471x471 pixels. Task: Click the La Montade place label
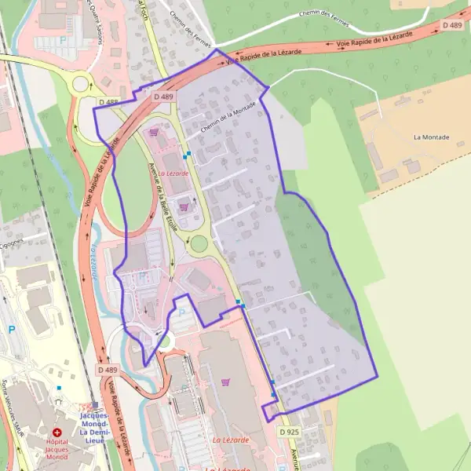coord(431,137)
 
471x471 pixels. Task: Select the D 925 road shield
coord(289,432)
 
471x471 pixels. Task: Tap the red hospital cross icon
coord(57,433)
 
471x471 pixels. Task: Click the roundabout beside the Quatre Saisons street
coord(80,83)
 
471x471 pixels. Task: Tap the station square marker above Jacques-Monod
coord(96,405)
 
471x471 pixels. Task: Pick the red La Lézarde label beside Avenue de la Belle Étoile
coord(173,172)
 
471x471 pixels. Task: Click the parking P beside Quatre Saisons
coord(62,38)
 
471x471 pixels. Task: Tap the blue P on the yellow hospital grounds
coord(11,330)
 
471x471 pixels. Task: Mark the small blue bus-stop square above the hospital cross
coord(59,388)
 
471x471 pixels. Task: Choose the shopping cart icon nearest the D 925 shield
coord(226,382)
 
